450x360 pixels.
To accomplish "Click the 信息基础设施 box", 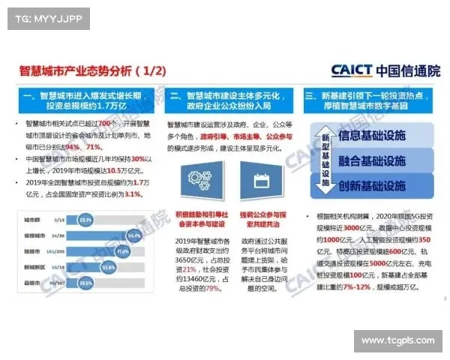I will tap(372, 136).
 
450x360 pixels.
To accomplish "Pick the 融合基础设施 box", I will tap(372, 160).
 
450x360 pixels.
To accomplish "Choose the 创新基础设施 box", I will tap(372, 185).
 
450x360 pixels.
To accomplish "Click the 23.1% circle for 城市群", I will tap(85, 220).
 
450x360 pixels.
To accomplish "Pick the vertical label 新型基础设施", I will tap(325, 160).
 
